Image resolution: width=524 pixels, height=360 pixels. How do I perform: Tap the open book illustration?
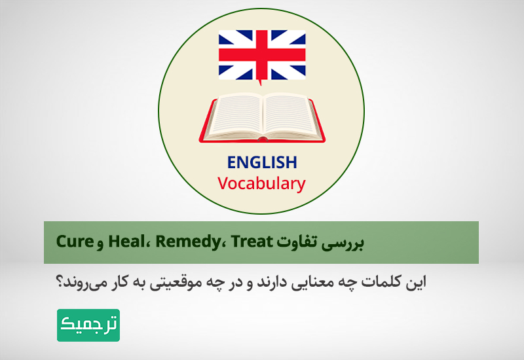[x=262, y=118]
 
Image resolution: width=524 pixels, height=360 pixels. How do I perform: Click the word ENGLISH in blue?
[x=262, y=162]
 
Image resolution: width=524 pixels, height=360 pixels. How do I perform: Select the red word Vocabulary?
[x=262, y=183]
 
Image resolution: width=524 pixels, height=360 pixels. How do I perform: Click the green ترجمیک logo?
[x=88, y=325]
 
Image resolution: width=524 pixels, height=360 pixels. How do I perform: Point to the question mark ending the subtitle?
[x=63, y=283]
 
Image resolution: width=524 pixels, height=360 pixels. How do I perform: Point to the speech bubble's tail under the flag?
[x=259, y=82]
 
